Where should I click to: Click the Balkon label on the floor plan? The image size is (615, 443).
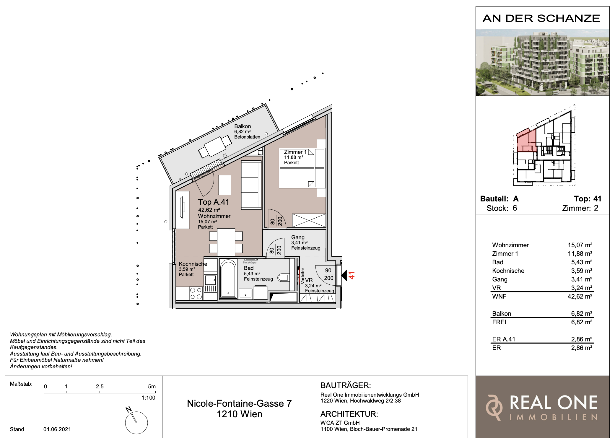(x=243, y=126)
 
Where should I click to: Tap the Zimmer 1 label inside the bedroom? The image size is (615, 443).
(x=295, y=152)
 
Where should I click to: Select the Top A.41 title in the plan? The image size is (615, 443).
(x=214, y=202)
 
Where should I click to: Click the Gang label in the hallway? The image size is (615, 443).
(x=298, y=237)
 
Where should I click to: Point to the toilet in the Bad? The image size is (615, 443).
(x=283, y=278)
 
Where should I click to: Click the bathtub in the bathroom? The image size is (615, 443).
(x=228, y=278)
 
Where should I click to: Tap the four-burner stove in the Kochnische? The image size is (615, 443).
(x=196, y=294)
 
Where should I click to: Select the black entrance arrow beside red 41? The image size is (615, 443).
(x=344, y=275)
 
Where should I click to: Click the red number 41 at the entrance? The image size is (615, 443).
(x=352, y=276)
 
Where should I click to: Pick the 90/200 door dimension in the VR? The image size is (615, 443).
(x=328, y=274)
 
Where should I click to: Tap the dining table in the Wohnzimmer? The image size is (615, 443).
(x=226, y=242)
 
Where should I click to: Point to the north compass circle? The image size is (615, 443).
(x=136, y=423)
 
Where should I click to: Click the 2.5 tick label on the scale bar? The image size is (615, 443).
(x=100, y=387)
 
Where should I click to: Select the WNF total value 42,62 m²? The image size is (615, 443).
(x=580, y=297)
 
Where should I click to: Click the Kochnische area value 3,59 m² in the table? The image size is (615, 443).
(x=582, y=271)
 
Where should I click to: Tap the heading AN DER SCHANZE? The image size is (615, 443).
(x=541, y=18)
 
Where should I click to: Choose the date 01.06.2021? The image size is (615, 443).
(x=57, y=429)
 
